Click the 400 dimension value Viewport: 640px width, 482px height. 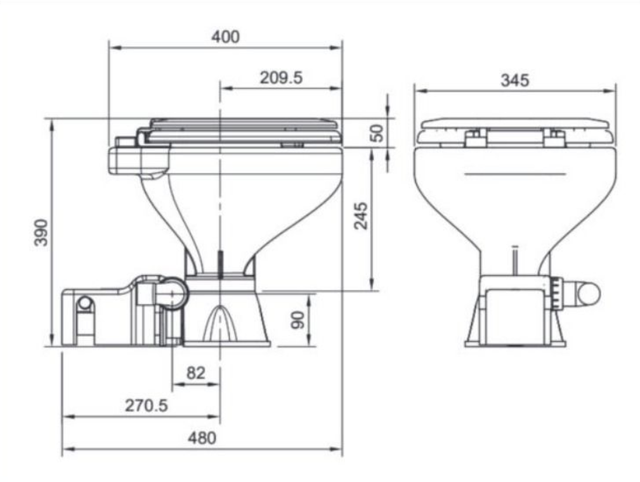[226, 37]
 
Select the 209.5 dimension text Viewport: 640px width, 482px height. [281, 77]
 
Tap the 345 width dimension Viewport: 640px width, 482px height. [515, 80]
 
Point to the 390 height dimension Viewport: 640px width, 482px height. [41, 232]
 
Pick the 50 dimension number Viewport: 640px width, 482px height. [377, 133]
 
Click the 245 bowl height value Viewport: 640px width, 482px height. [361, 215]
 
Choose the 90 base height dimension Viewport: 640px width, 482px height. [298, 320]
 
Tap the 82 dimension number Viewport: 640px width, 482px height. [195, 372]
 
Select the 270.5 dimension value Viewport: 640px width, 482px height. [146, 405]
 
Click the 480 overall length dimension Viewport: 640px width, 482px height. [202, 438]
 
